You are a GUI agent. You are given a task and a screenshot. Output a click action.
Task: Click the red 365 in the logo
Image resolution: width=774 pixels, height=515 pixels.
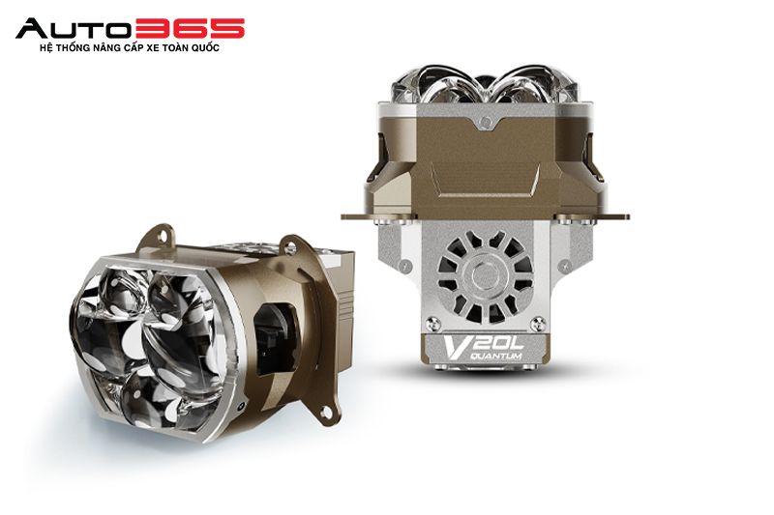point(189,28)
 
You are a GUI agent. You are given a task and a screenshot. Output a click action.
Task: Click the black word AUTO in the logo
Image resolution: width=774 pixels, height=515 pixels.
point(74,28)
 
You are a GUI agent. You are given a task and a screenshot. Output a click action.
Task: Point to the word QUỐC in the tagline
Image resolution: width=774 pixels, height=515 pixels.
point(205,48)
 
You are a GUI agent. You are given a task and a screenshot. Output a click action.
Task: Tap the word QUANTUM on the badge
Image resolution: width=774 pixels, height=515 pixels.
point(497,356)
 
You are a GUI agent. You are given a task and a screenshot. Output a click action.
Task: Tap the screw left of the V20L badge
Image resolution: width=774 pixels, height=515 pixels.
point(433,324)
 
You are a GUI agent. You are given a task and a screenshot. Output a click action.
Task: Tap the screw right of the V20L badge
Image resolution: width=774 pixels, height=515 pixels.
point(537,324)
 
